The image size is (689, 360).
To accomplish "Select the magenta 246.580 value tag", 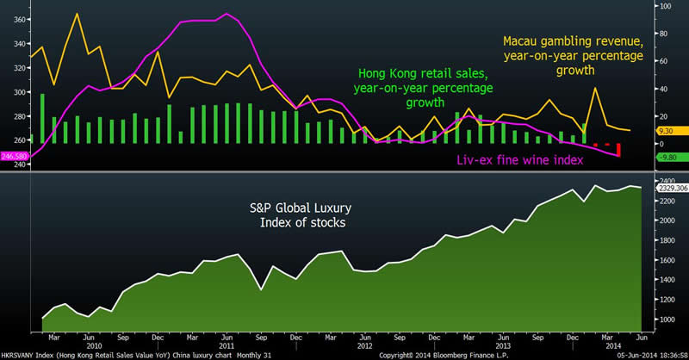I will (x=14, y=156).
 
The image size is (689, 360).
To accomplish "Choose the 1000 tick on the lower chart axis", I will (x=656, y=320).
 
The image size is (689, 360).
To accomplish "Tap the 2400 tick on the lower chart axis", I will (x=656, y=182).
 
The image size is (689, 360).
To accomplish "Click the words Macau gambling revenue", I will (x=573, y=40).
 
